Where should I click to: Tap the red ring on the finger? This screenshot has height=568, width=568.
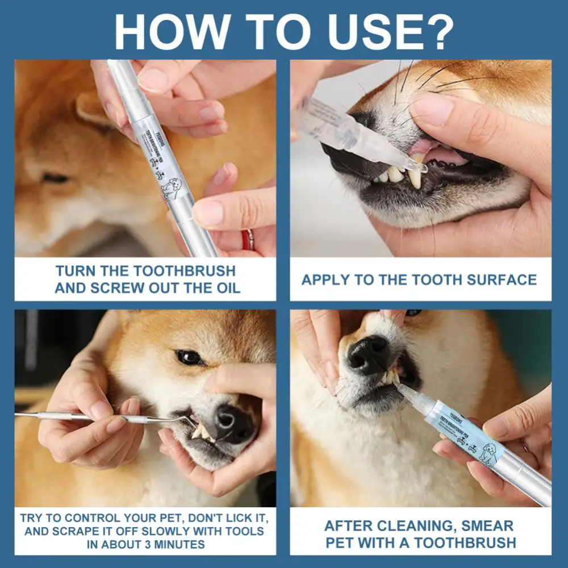248,239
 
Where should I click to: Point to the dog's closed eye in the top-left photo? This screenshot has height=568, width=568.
55,178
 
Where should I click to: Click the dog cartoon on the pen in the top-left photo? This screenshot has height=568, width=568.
169,186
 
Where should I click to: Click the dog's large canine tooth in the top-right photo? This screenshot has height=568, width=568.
415,178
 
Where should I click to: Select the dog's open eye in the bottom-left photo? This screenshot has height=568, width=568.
189,357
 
